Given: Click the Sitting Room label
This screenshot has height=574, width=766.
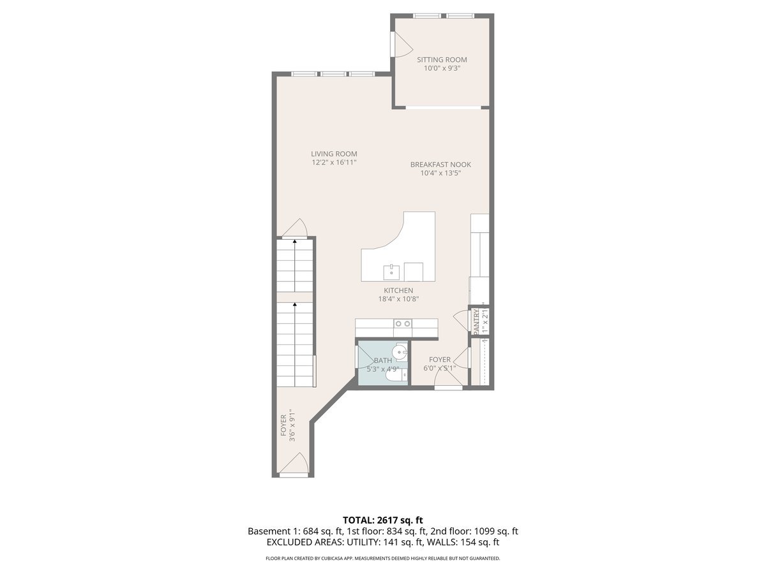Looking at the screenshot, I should (x=442, y=59).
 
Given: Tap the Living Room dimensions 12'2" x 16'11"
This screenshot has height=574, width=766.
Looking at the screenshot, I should (x=334, y=163).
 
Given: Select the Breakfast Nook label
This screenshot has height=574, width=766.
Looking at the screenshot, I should (x=440, y=164).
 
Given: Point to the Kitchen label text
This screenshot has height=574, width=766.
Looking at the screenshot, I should (x=398, y=290).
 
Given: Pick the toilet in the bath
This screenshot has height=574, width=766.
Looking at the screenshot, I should (x=394, y=377).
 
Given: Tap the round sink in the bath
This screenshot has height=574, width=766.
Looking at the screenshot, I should (x=400, y=351).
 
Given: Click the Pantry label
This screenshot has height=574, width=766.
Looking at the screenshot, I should (x=476, y=320).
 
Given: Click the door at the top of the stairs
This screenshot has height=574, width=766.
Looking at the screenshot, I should (x=295, y=229).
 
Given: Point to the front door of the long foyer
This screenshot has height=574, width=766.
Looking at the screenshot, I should (x=294, y=465).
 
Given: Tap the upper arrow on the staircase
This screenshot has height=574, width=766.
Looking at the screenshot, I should (x=294, y=243).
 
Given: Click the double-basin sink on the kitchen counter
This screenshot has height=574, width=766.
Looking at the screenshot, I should (x=402, y=324).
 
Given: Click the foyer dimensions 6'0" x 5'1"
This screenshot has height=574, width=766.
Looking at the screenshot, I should (x=440, y=368).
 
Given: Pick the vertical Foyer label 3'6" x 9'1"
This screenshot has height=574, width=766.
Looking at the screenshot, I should (x=287, y=425).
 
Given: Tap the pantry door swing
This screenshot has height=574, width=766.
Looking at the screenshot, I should (x=461, y=317).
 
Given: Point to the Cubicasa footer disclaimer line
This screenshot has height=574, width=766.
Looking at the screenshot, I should (x=382, y=559).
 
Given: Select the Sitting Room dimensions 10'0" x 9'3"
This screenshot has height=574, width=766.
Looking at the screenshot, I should (x=442, y=68).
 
